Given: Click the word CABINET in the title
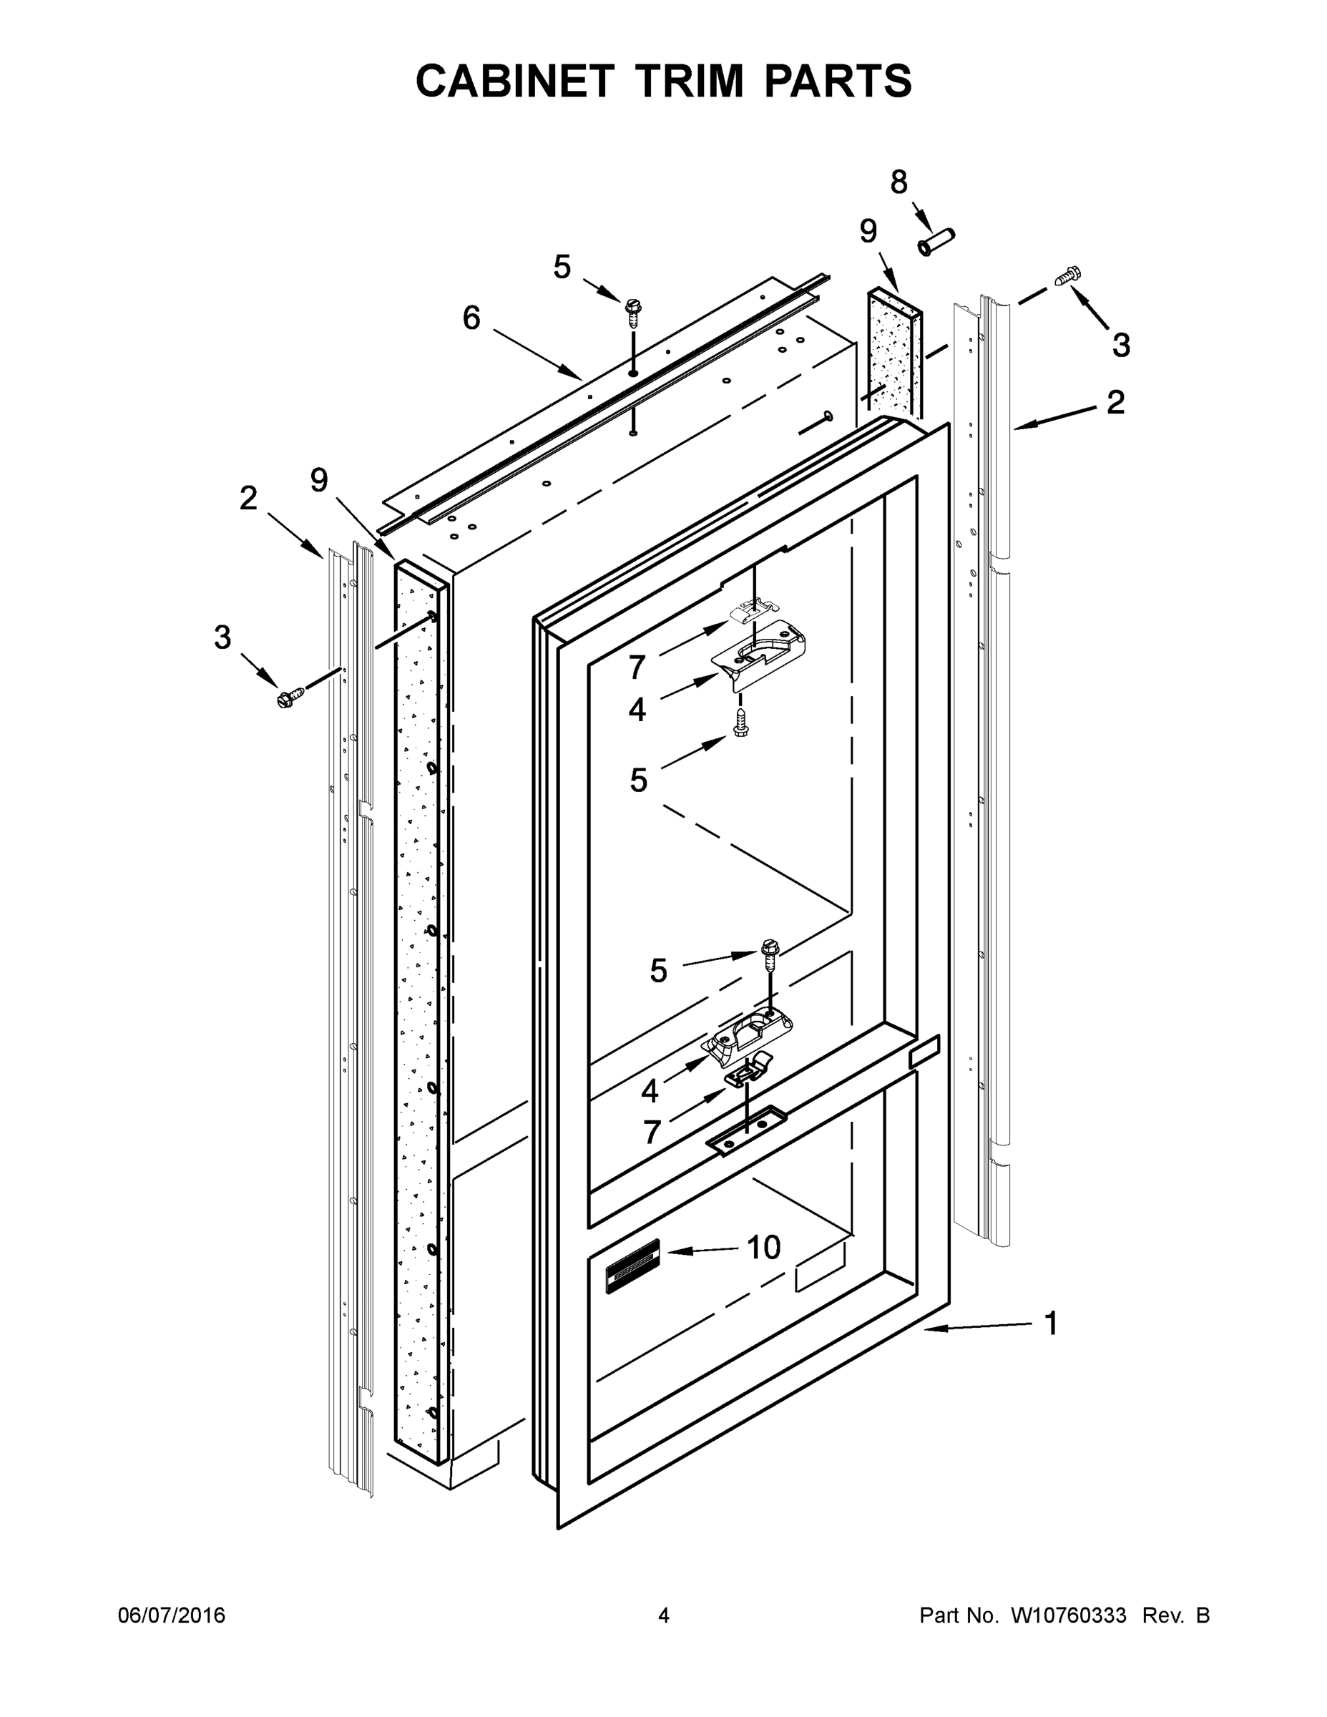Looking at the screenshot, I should (x=514, y=81).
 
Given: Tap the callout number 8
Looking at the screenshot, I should (x=898, y=182).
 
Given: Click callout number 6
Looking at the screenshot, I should (x=471, y=318).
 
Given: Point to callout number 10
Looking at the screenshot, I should (x=763, y=1247).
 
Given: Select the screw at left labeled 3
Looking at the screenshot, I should (x=291, y=696).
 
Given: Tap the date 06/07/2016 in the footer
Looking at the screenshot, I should (x=172, y=1615).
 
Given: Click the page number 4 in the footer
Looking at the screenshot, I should (x=664, y=1615).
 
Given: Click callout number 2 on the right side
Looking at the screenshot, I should (x=1115, y=403).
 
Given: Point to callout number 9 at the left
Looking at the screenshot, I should (x=318, y=479).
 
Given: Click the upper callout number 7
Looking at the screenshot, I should (x=637, y=667).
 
